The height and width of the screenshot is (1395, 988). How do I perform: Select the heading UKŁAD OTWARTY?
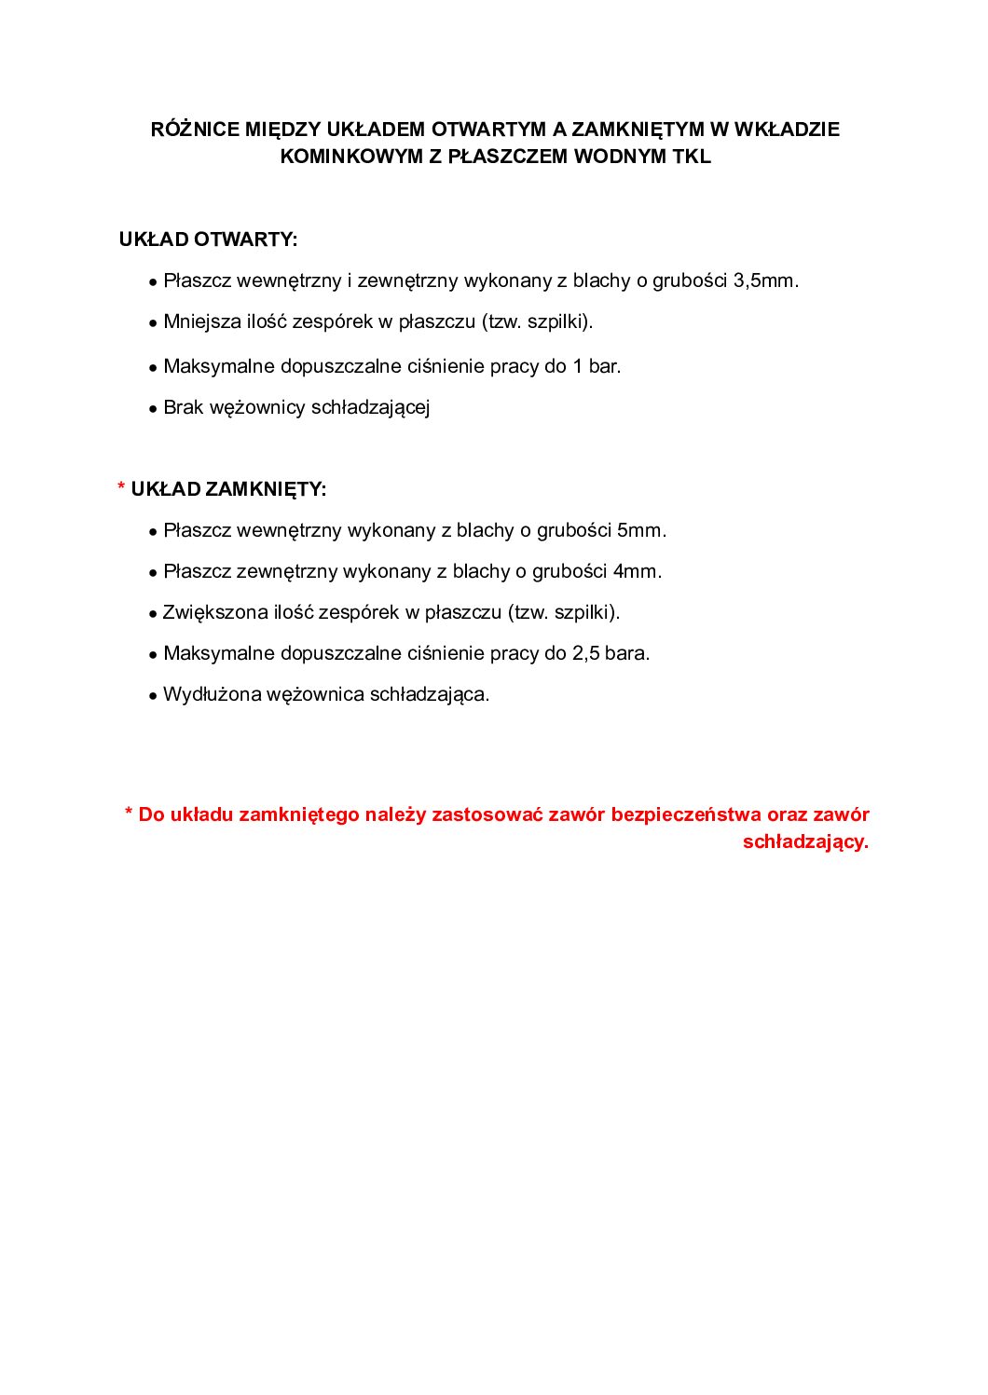coord(208,239)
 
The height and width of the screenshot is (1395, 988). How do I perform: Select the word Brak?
coord(183,407)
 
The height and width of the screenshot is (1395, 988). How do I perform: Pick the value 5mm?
coord(641,530)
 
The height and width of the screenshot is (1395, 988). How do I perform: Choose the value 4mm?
coord(637,571)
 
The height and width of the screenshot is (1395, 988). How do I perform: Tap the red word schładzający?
coord(805,841)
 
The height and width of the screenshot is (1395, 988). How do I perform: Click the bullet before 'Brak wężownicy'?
coord(152,409)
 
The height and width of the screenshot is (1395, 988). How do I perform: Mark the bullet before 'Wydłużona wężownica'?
coord(152,696)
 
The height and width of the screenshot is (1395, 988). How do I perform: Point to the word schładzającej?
coord(370,407)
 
